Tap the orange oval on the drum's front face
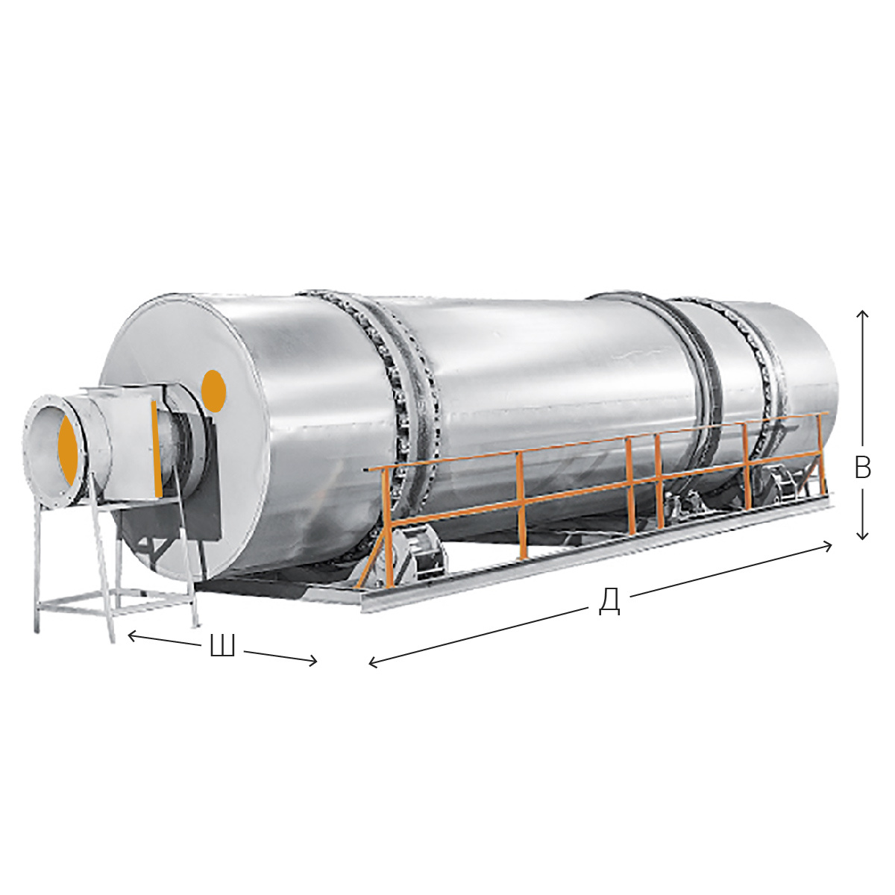click(x=213, y=391)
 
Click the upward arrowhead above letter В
click(x=862, y=315)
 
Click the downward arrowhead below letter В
click(x=862, y=535)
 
